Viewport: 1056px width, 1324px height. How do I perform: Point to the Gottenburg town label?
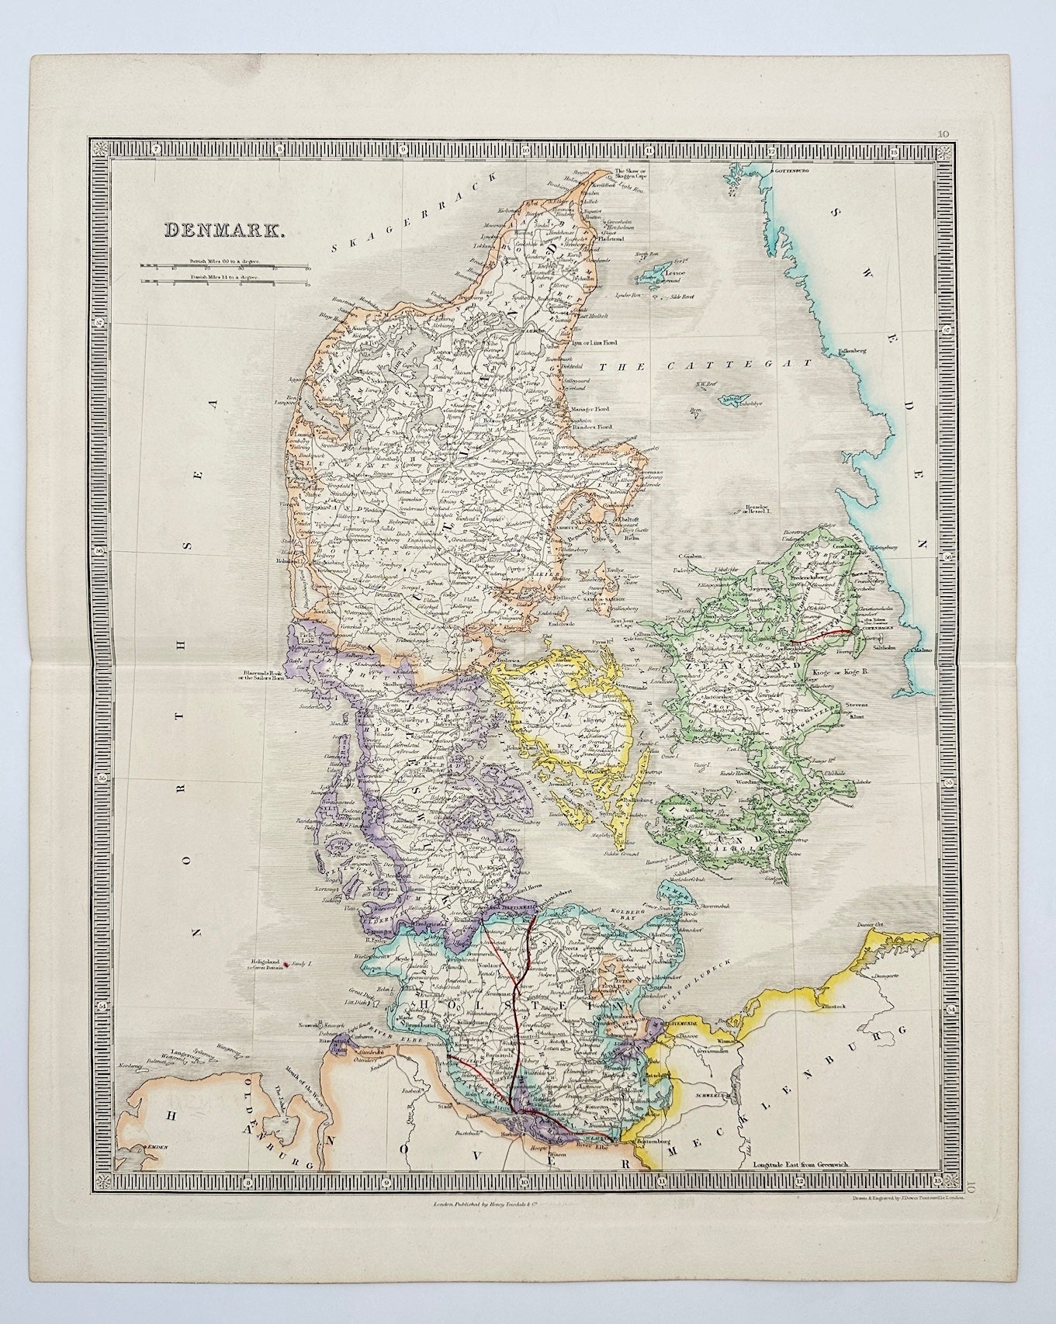point(791,169)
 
